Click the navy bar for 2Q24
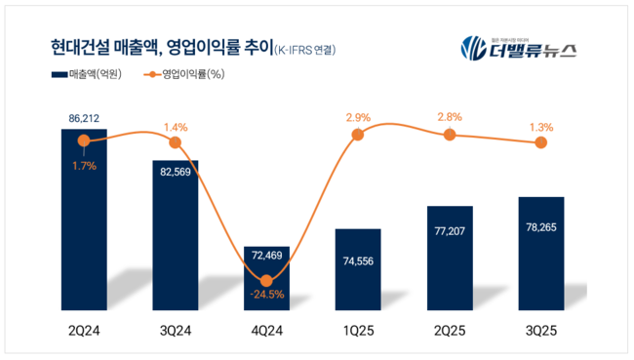pos(84,224)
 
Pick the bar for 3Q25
pos(540,259)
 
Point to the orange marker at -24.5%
pos(266,280)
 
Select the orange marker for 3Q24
pos(176,142)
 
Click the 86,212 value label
pos(85,118)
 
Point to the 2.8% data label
pos(449,117)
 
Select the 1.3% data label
pos(540,127)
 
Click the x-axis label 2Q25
pos(449,332)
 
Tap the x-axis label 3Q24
pos(176,332)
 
